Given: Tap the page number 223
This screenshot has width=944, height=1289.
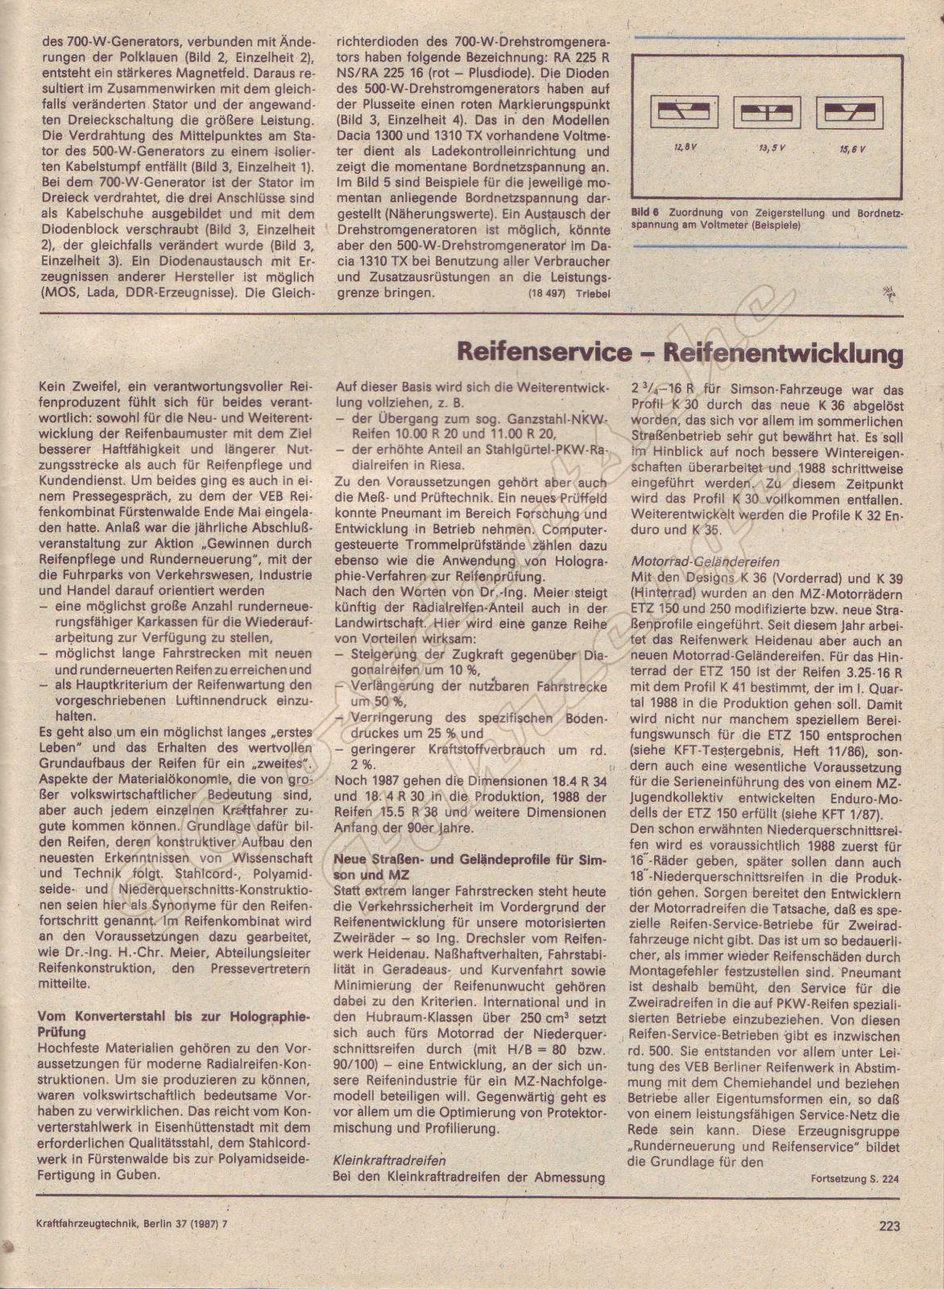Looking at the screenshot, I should tap(888, 1227).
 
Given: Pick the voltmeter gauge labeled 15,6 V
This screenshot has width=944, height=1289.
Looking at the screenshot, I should tap(844, 113).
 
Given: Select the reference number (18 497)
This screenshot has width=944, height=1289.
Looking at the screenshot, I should tap(547, 293).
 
